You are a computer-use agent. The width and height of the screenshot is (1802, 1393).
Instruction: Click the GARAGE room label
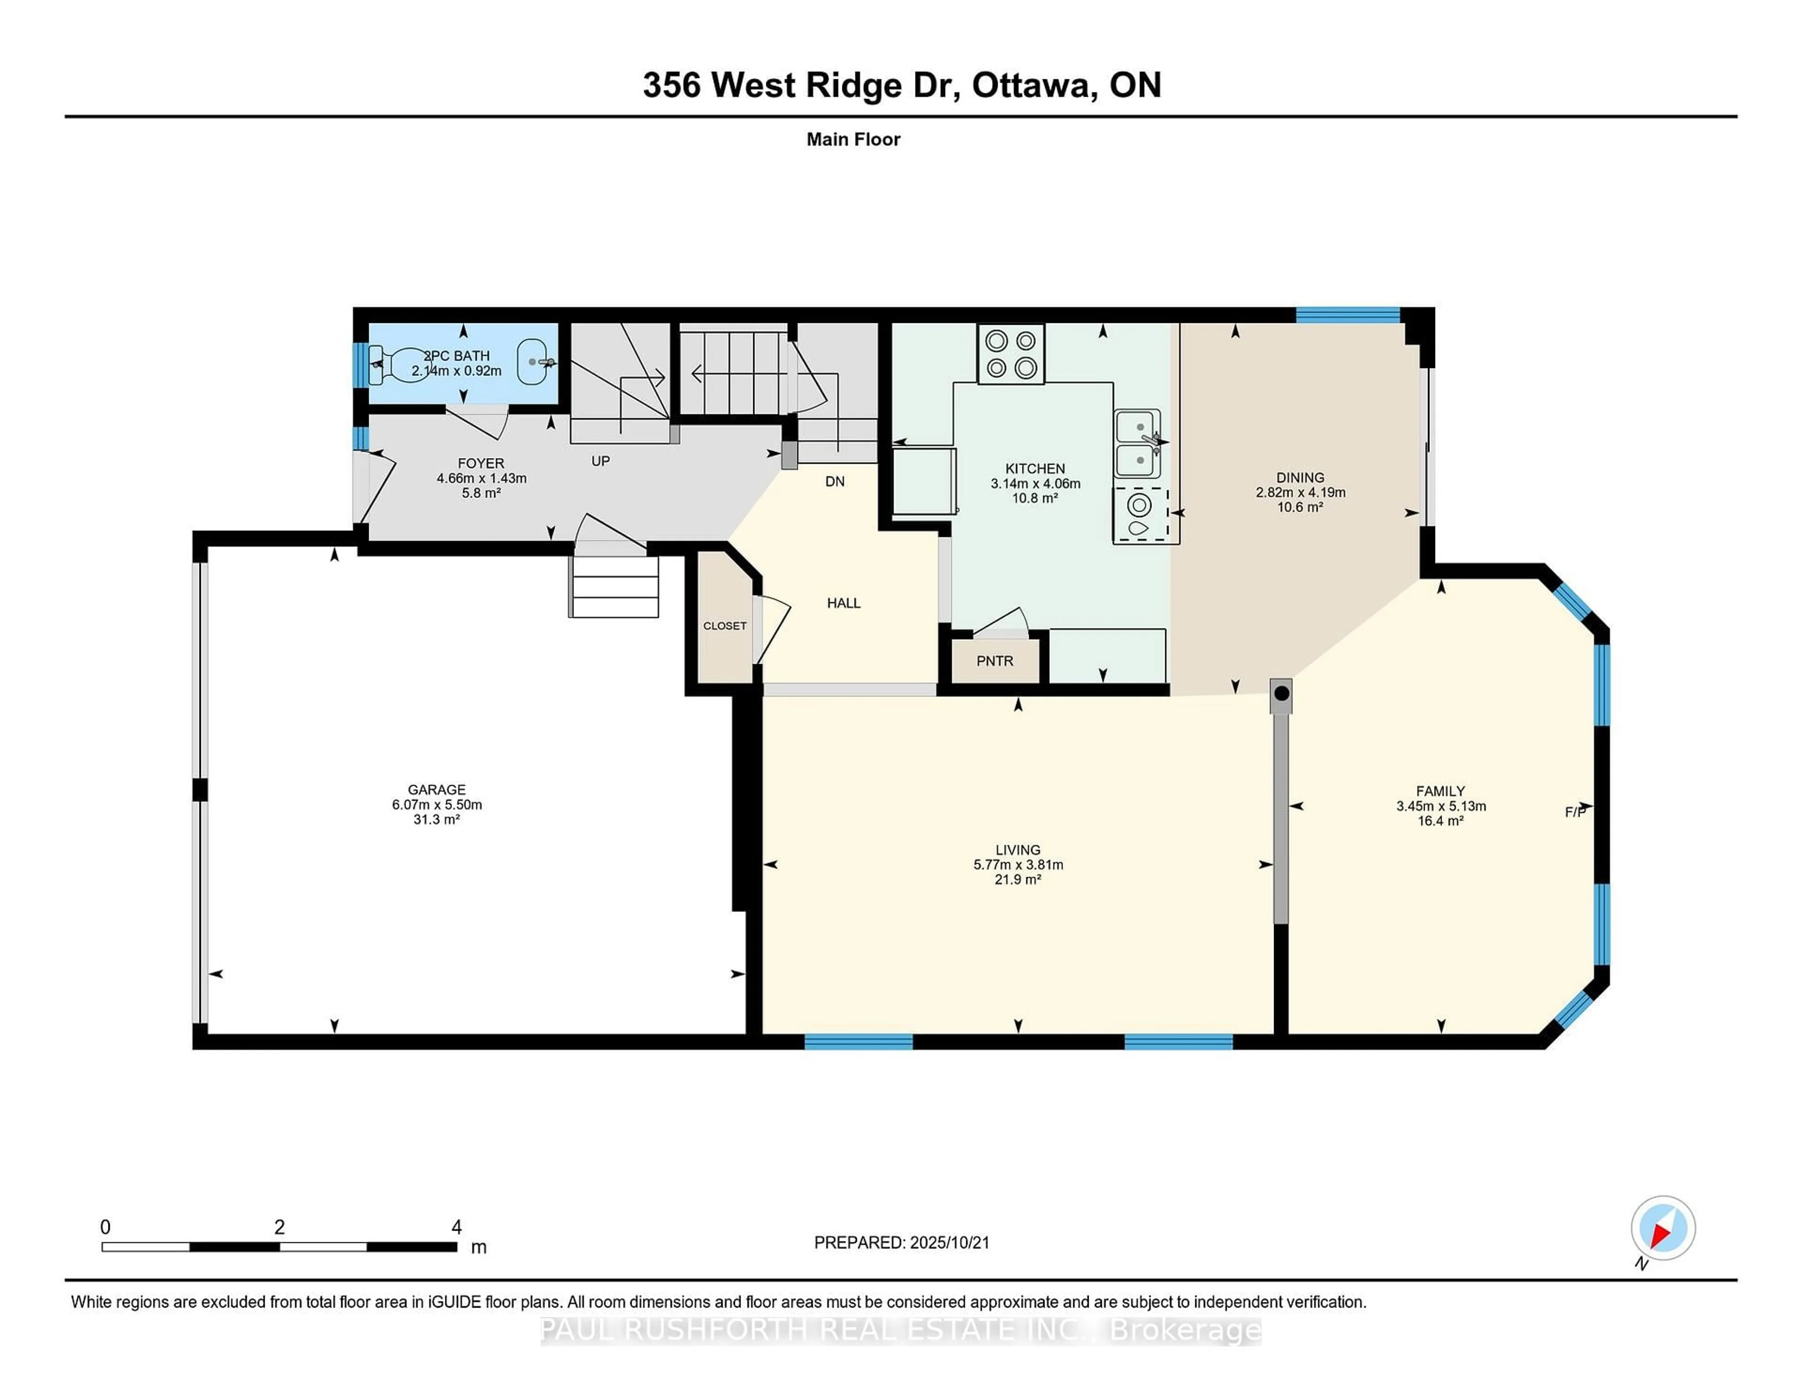436,790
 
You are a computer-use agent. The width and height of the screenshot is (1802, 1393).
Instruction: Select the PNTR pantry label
994,661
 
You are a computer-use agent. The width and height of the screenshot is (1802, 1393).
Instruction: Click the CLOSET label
725,627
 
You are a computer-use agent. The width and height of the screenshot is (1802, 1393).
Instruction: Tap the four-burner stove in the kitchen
1011,354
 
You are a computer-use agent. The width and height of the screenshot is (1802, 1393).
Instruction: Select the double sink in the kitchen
1138,444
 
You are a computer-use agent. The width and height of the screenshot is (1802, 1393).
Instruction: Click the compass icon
1663,1228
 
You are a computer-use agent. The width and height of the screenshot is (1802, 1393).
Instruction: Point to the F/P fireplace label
1575,812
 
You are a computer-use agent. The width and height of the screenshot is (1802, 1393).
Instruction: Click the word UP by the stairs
601,461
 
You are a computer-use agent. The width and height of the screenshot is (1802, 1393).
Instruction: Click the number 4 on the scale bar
456,1227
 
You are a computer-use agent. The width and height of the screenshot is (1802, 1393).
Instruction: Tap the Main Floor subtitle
853,139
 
